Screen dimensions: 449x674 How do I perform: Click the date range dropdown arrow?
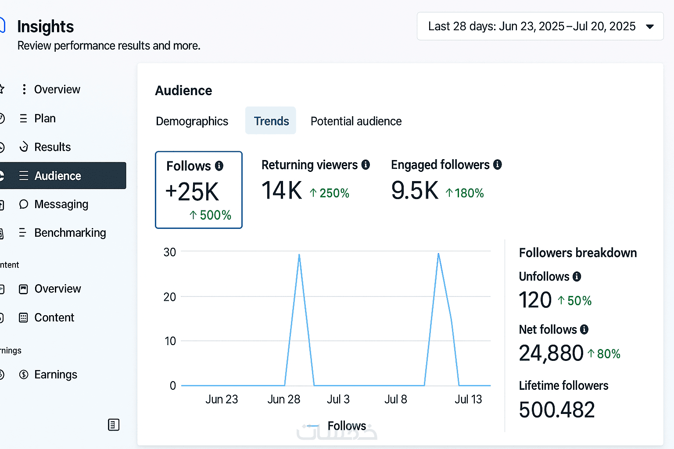click(650, 27)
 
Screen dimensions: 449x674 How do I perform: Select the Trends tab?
click(271, 121)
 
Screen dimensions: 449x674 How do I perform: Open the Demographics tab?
click(192, 121)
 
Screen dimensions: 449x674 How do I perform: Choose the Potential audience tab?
click(356, 121)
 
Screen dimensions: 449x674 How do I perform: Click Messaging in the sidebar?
click(61, 204)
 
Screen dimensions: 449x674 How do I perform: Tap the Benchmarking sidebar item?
click(70, 233)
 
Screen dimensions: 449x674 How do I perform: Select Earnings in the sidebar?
click(55, 374)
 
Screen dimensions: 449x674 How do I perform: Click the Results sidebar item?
click(52, 147)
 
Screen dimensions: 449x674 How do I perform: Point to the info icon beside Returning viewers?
click(366, 165)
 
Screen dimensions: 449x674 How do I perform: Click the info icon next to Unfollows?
click(577, 277)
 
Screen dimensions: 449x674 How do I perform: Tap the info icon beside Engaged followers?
click(497, 165)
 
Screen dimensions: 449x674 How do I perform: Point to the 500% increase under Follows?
click(211, 215)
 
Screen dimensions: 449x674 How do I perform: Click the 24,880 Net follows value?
click(551, 353)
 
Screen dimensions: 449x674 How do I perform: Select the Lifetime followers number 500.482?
click(557, 410)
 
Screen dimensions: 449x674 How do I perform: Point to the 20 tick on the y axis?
click(170, 297)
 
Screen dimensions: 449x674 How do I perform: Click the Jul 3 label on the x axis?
click(338, 399)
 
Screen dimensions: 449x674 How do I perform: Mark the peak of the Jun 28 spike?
click(299, 254)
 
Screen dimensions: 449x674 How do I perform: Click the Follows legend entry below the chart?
click(346, 425)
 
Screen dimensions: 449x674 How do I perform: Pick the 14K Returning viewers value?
click(282, 191)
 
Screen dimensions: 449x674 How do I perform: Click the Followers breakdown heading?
click(577, 253)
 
